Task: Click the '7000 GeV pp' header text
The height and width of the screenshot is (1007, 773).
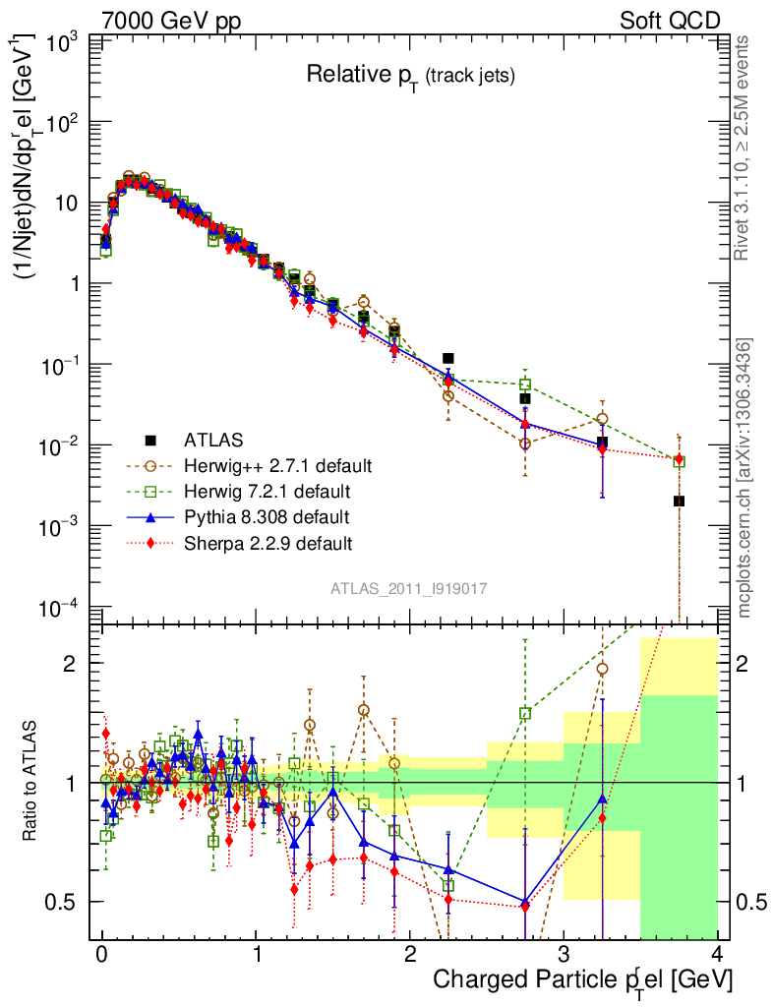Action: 173,20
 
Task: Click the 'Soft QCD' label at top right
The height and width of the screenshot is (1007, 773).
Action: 670,20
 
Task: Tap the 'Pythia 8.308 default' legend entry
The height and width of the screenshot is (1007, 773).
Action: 267,515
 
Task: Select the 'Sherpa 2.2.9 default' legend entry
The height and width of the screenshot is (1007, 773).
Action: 268,542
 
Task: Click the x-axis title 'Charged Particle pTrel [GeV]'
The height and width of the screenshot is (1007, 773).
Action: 583,979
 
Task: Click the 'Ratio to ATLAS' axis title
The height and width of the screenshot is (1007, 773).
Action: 30,782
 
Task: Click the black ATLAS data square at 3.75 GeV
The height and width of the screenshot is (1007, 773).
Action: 679,502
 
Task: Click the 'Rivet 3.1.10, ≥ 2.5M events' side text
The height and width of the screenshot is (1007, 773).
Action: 743,148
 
